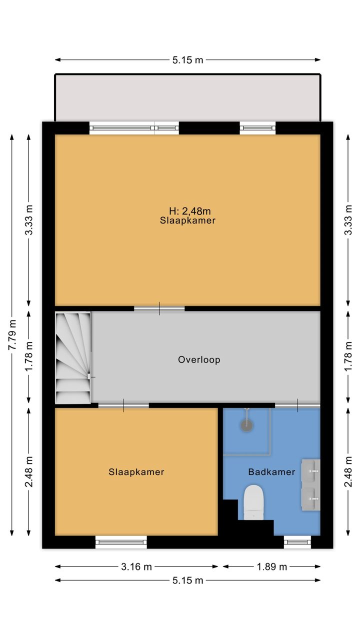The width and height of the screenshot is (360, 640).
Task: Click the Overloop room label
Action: coord(199,359)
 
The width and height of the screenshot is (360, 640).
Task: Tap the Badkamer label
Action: coord(271,471)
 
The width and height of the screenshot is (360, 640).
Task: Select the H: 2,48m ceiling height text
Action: coord(190,211)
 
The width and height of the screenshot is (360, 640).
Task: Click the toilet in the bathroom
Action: coord(253,502)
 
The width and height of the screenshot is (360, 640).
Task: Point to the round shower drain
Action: coord(247,425)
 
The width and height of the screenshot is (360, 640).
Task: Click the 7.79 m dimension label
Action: coord(12,334)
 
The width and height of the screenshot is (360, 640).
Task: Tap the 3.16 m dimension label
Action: coord(136,566)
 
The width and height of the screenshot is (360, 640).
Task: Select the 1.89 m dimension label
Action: coord(271,566)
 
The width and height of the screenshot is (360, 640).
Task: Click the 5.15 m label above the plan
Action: coord(187,60)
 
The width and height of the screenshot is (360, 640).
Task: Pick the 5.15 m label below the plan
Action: coord(187,580)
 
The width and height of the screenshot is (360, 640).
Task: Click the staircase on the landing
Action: coord(73,357)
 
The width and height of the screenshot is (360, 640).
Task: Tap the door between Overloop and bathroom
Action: coord(297,405)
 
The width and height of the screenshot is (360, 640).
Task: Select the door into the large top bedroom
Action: coord(159,308)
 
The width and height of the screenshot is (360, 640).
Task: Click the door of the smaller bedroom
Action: coord(123,405)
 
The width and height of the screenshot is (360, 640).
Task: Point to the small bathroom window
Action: coord(297,542)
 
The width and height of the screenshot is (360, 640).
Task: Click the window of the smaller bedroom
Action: coord(121,542)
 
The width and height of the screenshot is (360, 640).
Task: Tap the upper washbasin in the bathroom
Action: coord(311,470)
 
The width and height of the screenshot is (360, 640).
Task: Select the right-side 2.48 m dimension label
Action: coord(348,471)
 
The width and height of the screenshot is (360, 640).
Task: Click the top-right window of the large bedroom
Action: coord(257,128)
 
